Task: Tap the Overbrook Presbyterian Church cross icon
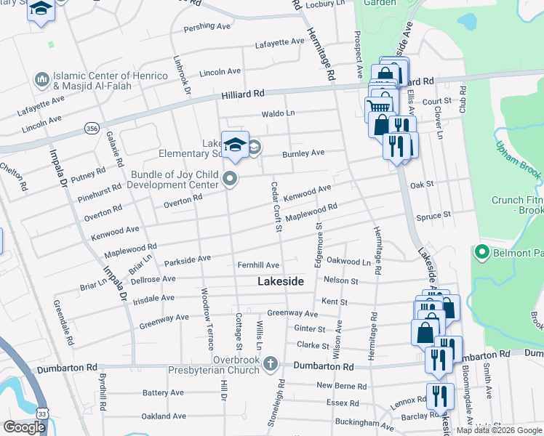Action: [270, 362]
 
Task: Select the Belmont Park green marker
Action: [481, 253]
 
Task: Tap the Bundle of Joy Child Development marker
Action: [231, 178]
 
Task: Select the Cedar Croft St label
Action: [276, 208]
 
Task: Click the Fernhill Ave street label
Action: [258, 265]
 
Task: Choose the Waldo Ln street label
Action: [279, 113]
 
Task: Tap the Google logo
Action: [25, 427]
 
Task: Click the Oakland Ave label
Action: [166, 416]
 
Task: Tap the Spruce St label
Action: [433, 215]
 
